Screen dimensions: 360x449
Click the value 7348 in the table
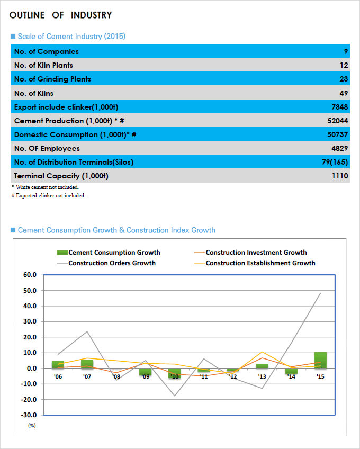[340, 107]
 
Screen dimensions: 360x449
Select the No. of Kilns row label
[34, 93]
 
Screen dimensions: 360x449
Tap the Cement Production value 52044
[338, 121]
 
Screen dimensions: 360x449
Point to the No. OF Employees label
[47, 148]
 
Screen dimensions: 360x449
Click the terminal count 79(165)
[335, 162]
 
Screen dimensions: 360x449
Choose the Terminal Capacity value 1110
[340, 176]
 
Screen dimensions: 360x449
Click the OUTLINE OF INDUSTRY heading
[60, 15]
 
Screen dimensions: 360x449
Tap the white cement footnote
[45, 187]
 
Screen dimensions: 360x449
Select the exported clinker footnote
[48, 195]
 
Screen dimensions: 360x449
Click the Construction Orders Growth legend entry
[106, 263]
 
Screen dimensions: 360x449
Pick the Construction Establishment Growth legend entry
[255, 263]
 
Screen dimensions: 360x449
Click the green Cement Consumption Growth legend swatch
[62, 253]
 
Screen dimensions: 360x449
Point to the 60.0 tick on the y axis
[30, 275]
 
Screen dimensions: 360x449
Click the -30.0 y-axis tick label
[29, 415]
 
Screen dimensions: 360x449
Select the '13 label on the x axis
[262, 376]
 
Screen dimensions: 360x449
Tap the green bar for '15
[320, 360]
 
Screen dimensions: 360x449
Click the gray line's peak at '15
[320, 293]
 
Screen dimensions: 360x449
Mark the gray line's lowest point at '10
[175, 396]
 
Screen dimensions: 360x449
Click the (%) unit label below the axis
[32, 426]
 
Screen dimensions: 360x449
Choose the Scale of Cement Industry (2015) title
[71, 37]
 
